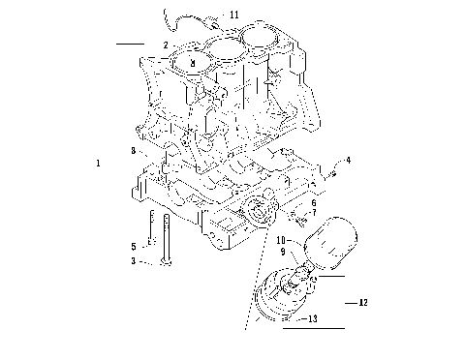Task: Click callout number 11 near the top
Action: coord(234,15)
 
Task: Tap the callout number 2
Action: coord(166,45)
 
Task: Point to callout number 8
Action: coord(134,150)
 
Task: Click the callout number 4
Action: coord(349,159)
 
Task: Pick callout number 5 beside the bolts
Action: coord(135,246)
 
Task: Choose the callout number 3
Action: coord(134,261)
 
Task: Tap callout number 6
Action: coord(313,204)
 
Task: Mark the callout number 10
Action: coord(281,239)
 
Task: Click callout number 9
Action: coord(283,252)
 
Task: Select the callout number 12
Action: coord(363,303)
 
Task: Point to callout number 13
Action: coord(311,317)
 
